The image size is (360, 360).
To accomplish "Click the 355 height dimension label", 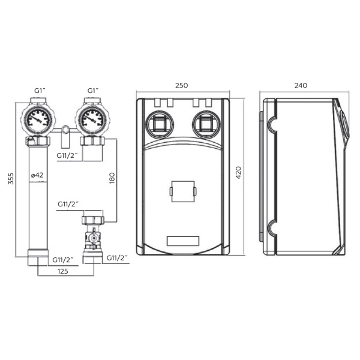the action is pos(11,179).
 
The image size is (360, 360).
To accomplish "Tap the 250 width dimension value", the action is pos(182,85).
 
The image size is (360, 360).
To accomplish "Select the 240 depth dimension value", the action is pos(301,85).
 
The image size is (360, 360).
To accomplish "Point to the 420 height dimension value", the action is pos(239,173).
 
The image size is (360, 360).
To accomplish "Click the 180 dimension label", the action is pos(112,178).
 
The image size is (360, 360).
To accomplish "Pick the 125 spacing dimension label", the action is pos(62,271).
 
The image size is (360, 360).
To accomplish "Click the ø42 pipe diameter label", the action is pos(37,175).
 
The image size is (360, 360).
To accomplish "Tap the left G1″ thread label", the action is pos(40,91).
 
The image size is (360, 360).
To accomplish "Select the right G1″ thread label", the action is pos(93,91).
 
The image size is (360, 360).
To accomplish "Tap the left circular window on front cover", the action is pos(160,125).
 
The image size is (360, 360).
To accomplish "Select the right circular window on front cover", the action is pos(207,125).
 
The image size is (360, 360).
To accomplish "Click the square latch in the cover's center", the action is pos(183,191).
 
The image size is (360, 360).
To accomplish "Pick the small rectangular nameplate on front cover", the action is pos(183,241).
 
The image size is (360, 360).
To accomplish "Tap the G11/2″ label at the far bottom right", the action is pos(117,258).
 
